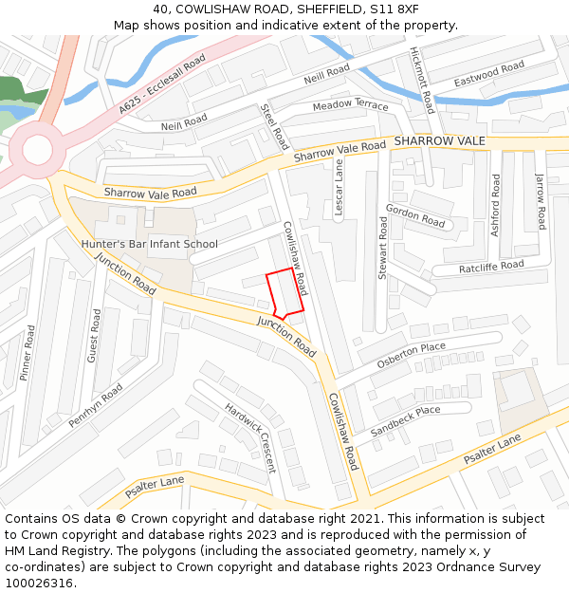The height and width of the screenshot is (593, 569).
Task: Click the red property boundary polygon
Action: click(x=285, y=293)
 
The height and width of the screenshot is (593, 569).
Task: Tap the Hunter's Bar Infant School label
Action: click(x=149, y=244)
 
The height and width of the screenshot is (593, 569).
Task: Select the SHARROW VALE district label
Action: click(x=439, y=141)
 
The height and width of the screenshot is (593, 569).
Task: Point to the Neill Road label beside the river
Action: click(x=327, y=75)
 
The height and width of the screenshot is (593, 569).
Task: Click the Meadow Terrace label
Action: click(x=350, y=104)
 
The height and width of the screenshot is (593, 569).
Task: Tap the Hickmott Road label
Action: click(x=421, y=79)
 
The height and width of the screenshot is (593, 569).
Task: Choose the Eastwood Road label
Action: click(x=488, y=74)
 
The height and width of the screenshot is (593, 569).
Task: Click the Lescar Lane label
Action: click(x=339, y=188)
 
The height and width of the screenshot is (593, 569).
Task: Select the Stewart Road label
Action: click(x=383, y=247)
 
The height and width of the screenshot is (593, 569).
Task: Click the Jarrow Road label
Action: click(x=541, y=201)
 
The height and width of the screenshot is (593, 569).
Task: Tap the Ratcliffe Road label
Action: click(x=491, y=268)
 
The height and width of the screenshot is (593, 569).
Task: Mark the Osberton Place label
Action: click(x=411, y=355)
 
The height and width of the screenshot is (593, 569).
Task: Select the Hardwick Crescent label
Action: click(x=250, y=437)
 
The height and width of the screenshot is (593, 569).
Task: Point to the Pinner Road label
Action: click(x=28, y=353)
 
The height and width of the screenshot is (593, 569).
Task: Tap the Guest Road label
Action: click(x=94, y=335)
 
